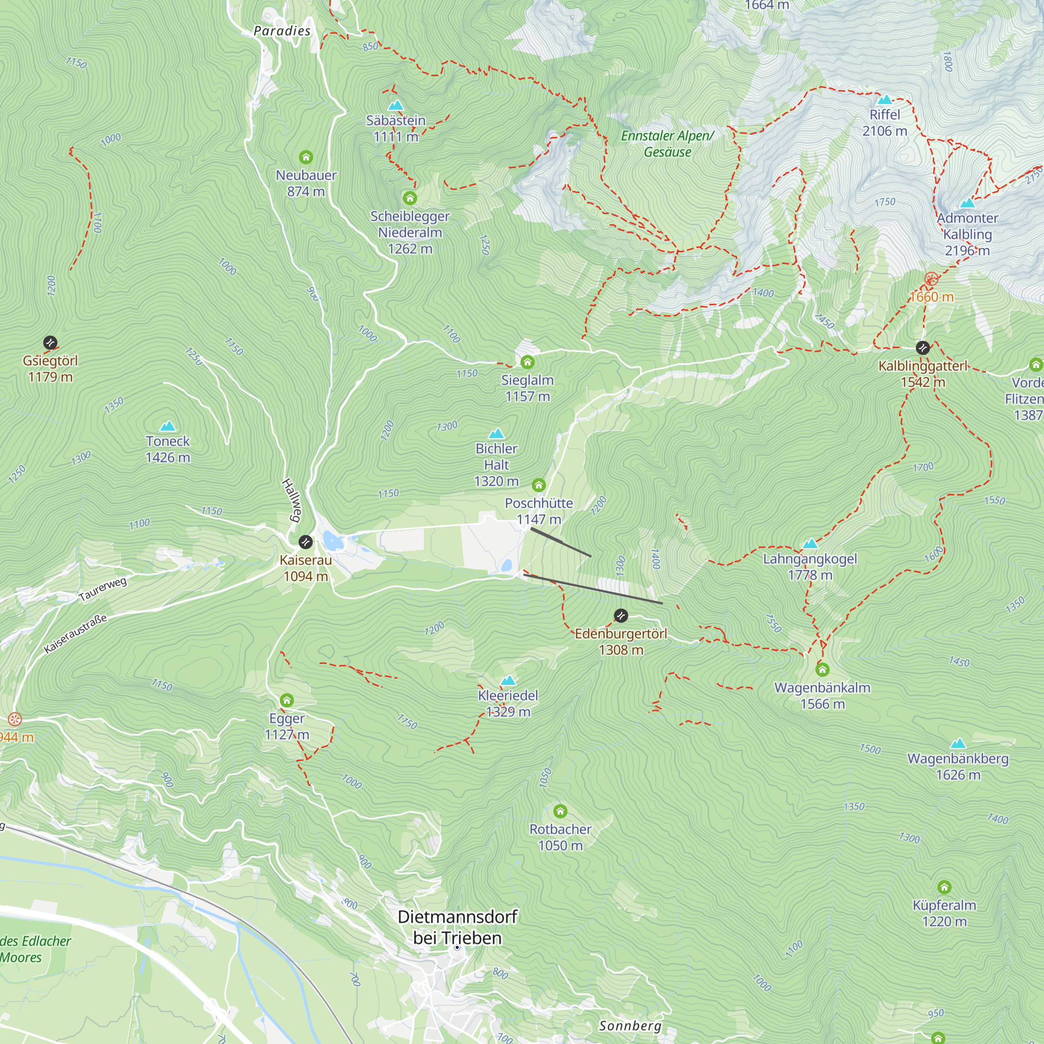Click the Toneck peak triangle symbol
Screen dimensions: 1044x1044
coord(168,426)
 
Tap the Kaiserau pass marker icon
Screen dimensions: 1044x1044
coord(305,541)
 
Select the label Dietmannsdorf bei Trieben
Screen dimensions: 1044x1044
coord(457,927)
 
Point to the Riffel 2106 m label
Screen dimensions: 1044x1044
coord(885,123)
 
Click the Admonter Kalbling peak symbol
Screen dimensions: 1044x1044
coord(967,203)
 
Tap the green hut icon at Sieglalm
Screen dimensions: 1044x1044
coord(527,362)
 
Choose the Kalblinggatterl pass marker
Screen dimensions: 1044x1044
coord(923,348)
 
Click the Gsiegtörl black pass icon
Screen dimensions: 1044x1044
coord(50,342)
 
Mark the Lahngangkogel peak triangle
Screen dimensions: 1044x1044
coord(810,543)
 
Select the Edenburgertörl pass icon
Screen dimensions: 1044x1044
coord(621,615)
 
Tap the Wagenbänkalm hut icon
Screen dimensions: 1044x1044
coord(823,670)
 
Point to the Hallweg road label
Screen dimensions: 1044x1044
coord(291,501)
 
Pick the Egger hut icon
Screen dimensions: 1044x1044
coord(287,701)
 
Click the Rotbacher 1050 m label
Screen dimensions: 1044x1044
coord(560,837)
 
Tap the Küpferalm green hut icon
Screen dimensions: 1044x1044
coord(944,887)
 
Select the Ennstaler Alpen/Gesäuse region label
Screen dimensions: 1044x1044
coord(667,144)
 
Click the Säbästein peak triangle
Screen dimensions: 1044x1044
coord(396,105)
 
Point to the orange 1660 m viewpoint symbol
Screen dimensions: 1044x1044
coord(931,279)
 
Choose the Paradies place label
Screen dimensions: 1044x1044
coord(282,31)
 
